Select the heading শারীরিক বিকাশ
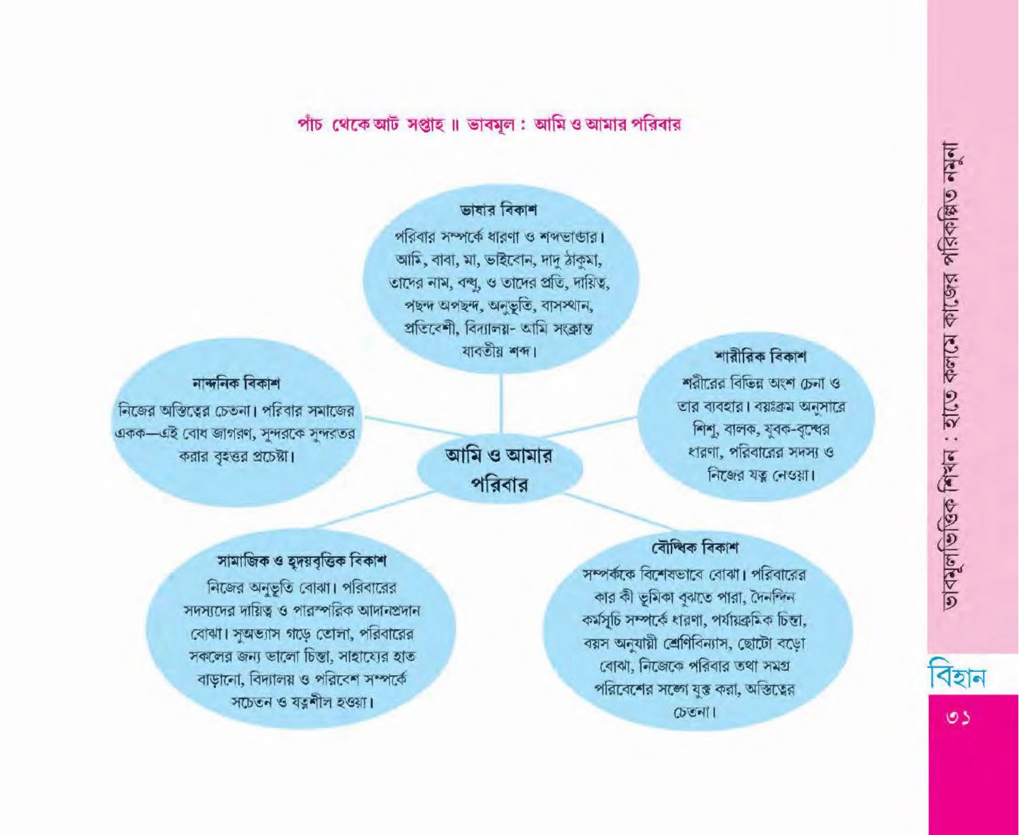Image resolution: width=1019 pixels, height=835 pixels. point(761,357)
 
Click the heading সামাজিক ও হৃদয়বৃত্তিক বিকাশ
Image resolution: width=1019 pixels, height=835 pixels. point(302,560)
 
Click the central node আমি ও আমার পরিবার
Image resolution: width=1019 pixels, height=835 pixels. point(499,470)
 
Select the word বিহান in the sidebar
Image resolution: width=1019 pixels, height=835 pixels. point(957,676)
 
